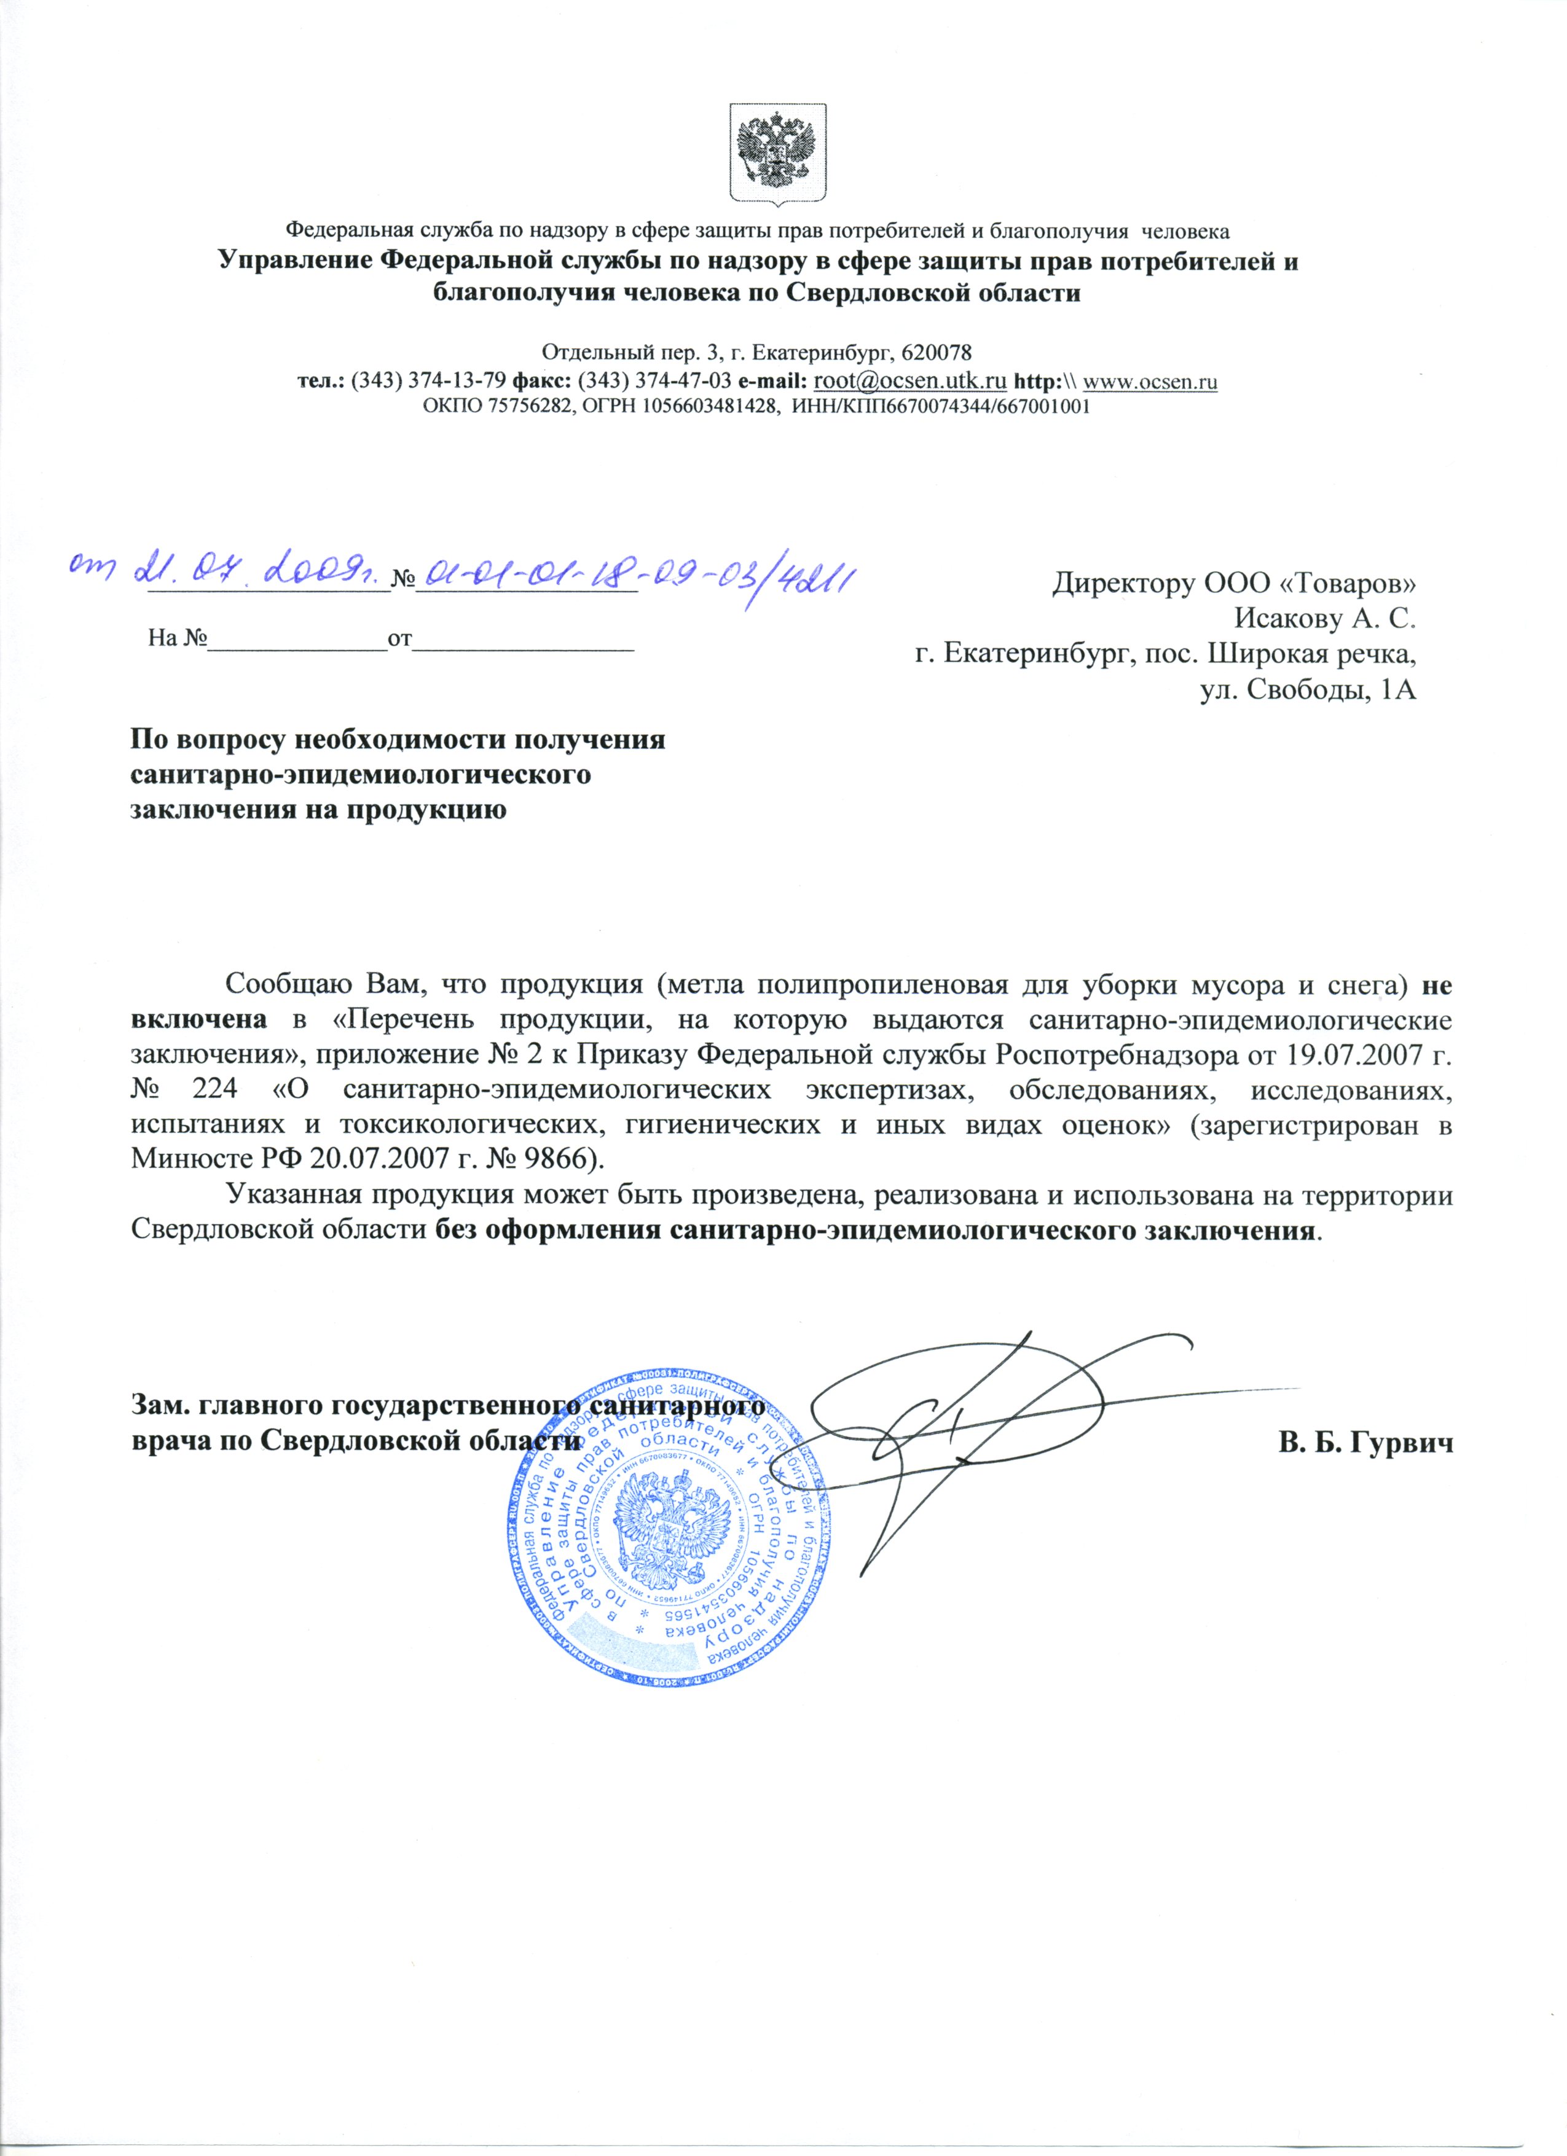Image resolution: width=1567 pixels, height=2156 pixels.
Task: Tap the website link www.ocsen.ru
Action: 1150,382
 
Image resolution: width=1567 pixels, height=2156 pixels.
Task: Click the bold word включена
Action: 197,1021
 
